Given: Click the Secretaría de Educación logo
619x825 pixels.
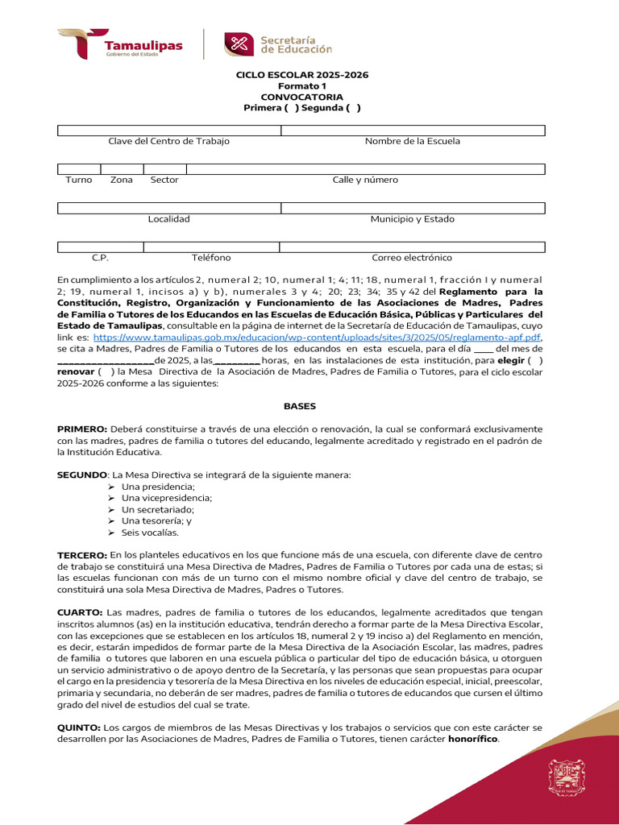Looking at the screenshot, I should pos(277,44).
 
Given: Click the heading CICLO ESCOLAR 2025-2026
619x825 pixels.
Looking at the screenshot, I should pos(301,75).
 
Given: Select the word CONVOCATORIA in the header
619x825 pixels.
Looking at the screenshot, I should pos(301,97).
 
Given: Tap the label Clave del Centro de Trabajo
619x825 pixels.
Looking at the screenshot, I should pos(168,141).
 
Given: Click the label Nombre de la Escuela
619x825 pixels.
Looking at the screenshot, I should pos(413,141).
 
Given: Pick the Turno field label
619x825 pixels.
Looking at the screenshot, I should pos(79,180).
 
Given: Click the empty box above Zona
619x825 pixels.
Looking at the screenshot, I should pos(122,169).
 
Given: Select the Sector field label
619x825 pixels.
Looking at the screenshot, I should pos(164,180).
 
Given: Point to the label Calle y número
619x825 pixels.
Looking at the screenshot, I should pos(365,180).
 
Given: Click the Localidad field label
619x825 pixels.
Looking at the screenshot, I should pos(168,219).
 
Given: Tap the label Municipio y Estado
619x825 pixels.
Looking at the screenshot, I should pos(413,219).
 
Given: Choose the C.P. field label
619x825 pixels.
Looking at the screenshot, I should pos(100,258).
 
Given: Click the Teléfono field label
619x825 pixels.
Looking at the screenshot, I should pos(211,258).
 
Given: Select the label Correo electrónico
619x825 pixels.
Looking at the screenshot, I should pos(412,258).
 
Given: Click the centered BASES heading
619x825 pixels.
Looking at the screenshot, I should pos(300,407).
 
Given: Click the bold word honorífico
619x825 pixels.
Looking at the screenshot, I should pos(473,739).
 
